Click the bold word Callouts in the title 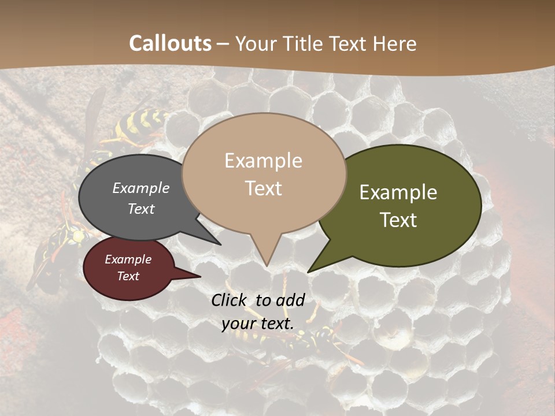click(x=171, y=43)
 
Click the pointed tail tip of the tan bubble click(x=267, y=265)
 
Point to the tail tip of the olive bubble click(x=308, y=272)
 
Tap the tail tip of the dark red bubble click(x=200, y=276)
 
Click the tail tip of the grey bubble click(x=220, y=244)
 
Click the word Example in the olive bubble click(x=398, y=192)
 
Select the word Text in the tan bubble click(x=264, y=188)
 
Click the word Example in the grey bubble click(x=141, y=188)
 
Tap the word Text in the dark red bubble click(x=128, y=276)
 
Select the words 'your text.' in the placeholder click(x=258, y=324)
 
